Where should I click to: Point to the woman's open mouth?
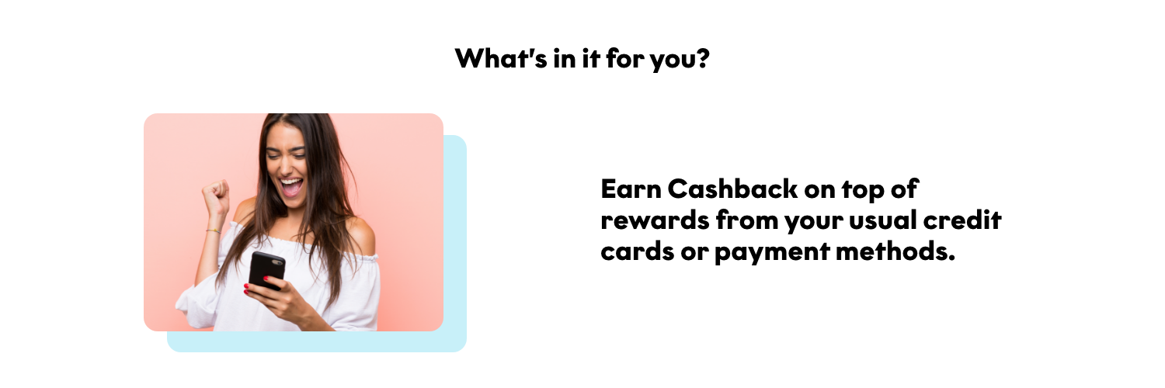pos(290,187)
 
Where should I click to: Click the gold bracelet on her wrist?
pos(213,230)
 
